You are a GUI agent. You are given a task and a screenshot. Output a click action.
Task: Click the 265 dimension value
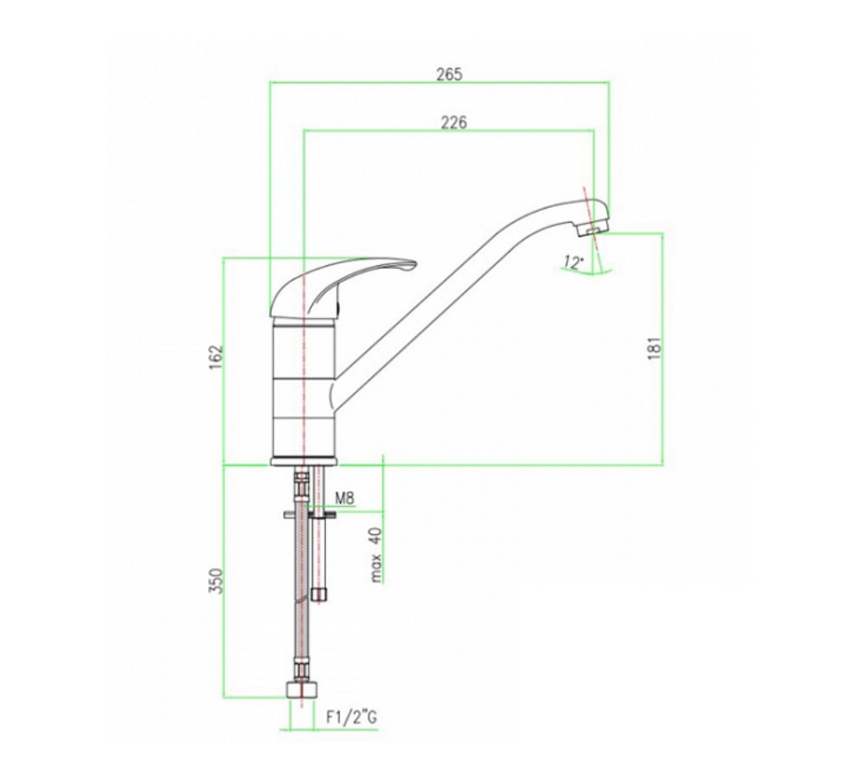point(450,74)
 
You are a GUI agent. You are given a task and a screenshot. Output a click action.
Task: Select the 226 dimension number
point(454,122)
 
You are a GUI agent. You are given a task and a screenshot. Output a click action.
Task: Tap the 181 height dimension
point(655,348)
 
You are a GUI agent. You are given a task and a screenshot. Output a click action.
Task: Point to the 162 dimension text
point(217,357)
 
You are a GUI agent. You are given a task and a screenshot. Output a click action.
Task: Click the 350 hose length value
point(217,580)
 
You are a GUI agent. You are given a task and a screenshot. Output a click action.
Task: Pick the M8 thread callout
point(345,498)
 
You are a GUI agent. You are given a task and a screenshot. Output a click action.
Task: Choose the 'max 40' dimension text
point(375,554)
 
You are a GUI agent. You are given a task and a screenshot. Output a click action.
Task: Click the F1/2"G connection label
point(352,717)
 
